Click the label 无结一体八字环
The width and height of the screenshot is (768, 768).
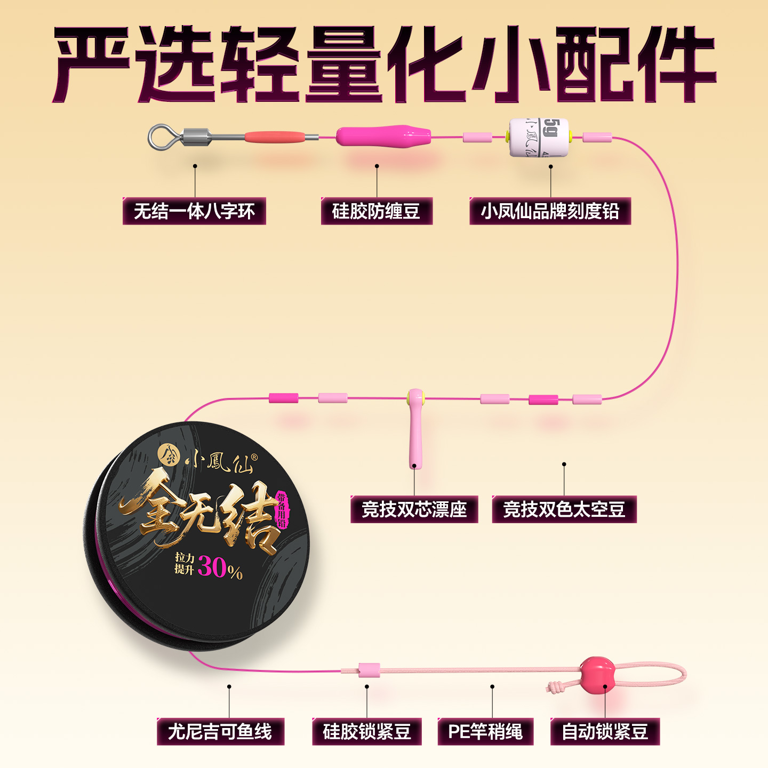click(x=194, y=211)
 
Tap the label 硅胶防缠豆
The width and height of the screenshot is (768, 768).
click(x=377, y=211)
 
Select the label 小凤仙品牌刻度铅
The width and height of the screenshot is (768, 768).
click(x=550, y=211)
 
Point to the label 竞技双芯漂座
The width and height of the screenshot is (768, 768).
click(x=414, y=509)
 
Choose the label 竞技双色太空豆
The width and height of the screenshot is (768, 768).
click(x=564, y=509)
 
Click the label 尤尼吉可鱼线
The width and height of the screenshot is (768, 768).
click(x=220, y=731)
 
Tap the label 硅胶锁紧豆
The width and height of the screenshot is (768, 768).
click(x=367, y=731)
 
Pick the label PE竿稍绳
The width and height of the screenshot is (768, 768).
click(x=485, y=731)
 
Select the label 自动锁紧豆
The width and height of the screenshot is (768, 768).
click(x=605, y=731)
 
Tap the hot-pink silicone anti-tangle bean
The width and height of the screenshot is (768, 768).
click(x=382, y=137)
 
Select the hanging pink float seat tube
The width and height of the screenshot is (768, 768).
click(x=415, y=437)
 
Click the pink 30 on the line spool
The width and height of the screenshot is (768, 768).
click(x=212, y=566)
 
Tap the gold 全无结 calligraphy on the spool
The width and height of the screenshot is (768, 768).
click(x=203, y=515)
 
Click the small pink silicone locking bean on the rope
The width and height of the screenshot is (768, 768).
click(x=369, y=670)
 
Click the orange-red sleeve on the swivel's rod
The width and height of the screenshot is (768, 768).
click(x=275, y=137)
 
